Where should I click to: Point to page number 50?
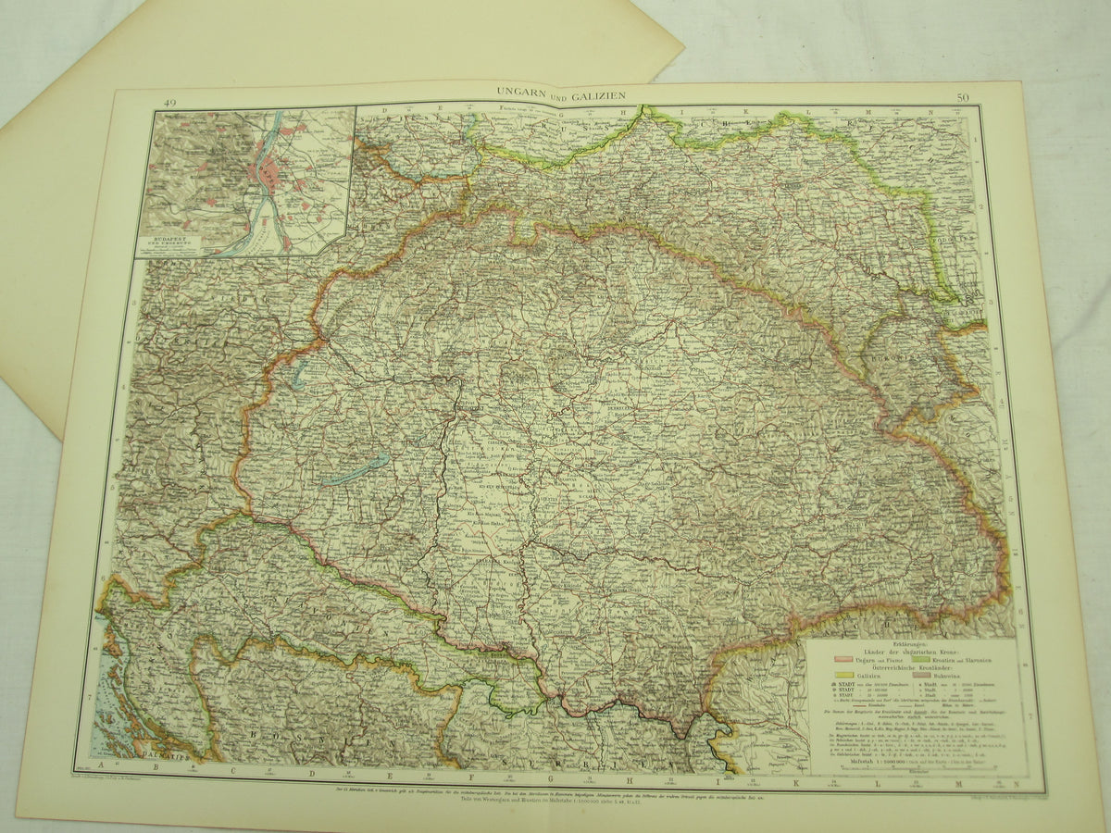point(964,97)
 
